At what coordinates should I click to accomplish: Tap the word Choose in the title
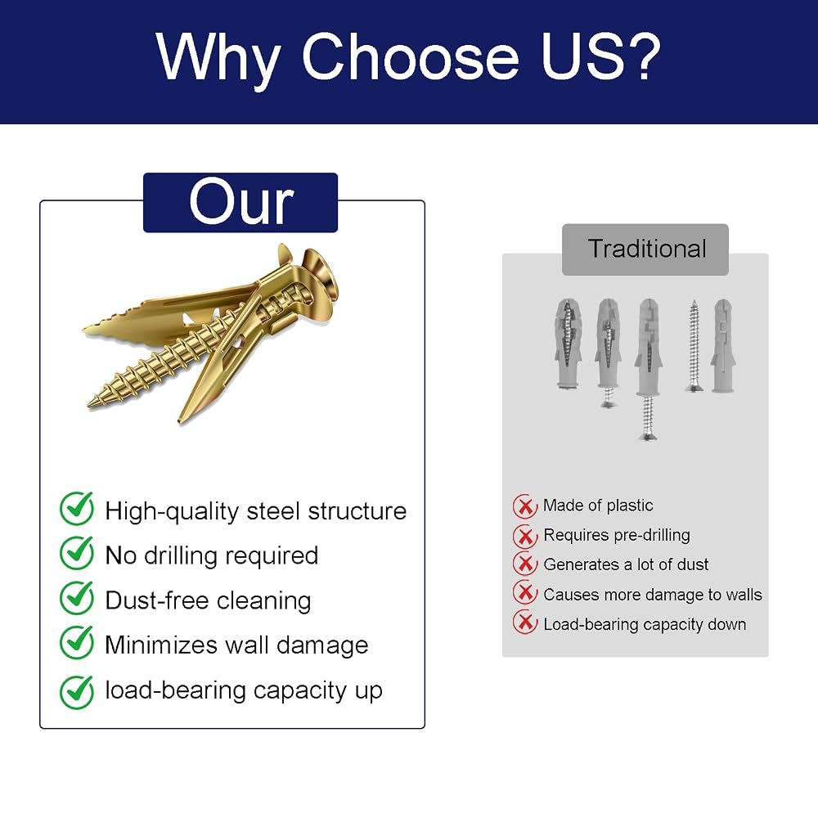pyautogui.click(x=410, y=56)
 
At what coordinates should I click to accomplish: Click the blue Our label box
pyautogui.click(x=240, y=202)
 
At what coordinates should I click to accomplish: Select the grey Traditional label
pyautogui.click(x=645, y=249)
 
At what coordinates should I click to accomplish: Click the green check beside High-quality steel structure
pyautogui.click(x=77, y=508)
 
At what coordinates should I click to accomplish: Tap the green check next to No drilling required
pyautogui.click(x=77, y=553)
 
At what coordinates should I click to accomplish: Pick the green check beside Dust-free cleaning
pyautogui.click(x=77, y=598)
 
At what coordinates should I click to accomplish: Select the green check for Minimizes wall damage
pyautogui.click(x=77, y=643)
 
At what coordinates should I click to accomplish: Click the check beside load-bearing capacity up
pyautogui.click(x=77, y=692)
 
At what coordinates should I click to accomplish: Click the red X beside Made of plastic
pyautogui.click(x=525, y=506)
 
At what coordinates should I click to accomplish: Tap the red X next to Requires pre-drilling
pyautogui.click(x=525, y=536)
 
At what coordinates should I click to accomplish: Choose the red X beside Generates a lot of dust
pyautogui.click(x=525, y=564)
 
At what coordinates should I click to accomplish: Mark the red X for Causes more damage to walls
pyautogui.click(x=525, y=592)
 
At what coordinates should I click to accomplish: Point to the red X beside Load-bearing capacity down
pyautogui.click(x=525, y=622)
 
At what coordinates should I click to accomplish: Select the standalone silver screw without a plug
pyautogui.click(x=694, y=345)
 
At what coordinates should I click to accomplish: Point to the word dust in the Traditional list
pyautogui.click(x=690, y=564)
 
